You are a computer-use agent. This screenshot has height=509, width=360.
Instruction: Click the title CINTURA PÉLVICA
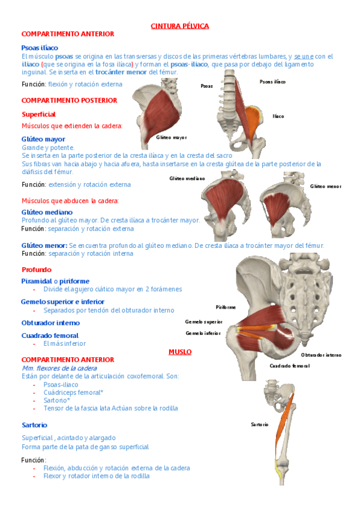[179, 26]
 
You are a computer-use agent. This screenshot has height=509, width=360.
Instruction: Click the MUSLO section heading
[180, 352]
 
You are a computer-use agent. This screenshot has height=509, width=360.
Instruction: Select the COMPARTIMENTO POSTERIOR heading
[69, 100]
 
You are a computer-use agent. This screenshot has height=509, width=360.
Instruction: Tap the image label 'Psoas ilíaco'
[272, 81]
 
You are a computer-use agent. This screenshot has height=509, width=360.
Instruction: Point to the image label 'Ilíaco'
[278, 116]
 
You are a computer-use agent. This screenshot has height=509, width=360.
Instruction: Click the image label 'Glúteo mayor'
[171, 137]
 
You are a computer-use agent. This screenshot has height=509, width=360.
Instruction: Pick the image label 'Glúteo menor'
[325, 186]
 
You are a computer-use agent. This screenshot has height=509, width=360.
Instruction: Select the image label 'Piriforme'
[226, 307]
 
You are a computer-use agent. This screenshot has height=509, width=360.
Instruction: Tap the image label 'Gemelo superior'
[203, 322]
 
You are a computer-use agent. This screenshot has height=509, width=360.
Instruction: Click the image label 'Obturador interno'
[321, 355]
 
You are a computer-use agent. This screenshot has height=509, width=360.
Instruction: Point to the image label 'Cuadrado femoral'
[289, 366]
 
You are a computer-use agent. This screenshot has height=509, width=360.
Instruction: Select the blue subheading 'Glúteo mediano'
[47, 212]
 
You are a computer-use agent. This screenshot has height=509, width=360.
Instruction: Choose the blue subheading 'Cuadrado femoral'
[50, 335]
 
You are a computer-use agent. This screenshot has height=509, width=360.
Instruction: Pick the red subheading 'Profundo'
[37, 270]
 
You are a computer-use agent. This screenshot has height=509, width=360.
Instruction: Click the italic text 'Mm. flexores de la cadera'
[59, 367]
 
